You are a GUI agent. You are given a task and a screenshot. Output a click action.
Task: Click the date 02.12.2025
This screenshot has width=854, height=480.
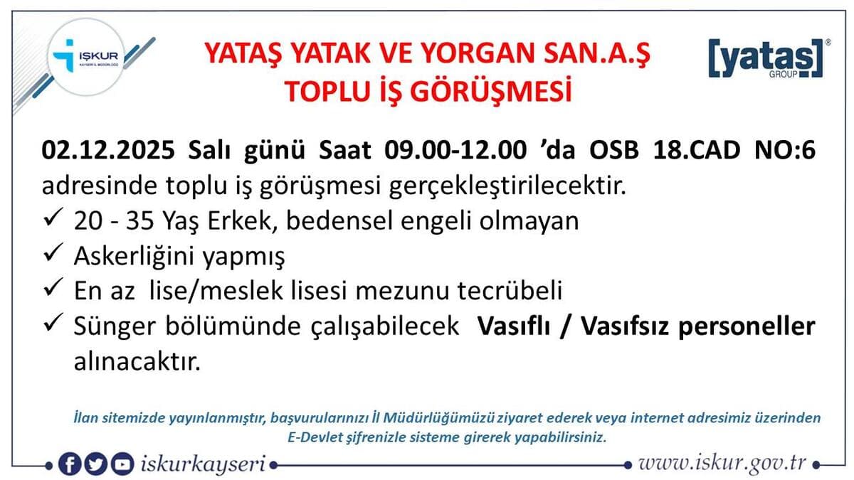point(108,152)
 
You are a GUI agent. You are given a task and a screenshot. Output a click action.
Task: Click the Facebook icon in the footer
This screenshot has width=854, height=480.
point(70,464)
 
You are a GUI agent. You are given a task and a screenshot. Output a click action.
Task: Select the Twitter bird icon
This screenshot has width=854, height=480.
point(96,464)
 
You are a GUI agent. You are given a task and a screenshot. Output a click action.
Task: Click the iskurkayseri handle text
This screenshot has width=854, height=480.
point(202,464)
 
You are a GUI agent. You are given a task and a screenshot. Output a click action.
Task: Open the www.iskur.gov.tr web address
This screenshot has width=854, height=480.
point(722,464)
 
